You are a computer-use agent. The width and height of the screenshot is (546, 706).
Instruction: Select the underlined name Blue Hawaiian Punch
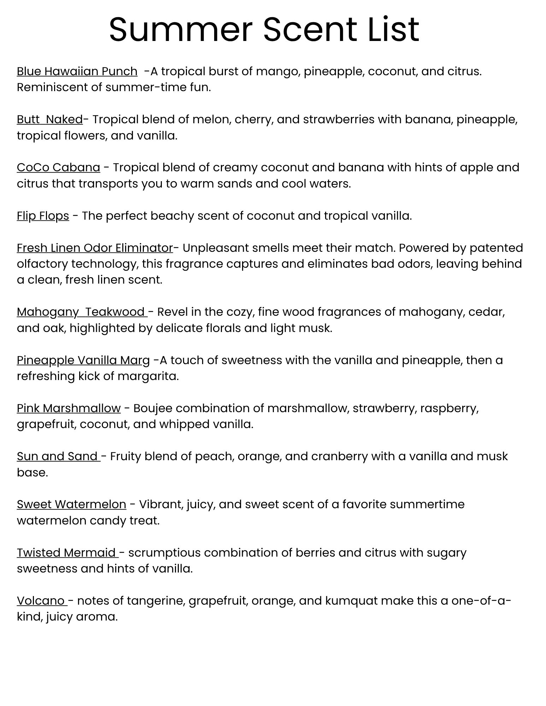77,71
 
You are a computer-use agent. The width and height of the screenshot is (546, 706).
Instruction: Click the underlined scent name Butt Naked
50,119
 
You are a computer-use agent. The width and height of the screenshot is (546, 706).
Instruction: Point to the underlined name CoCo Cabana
58,167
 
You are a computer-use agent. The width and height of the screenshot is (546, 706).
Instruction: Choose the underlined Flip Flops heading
43,216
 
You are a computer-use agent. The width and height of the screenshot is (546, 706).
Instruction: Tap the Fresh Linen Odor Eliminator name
95,248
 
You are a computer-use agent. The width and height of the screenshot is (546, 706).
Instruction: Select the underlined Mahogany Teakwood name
81,312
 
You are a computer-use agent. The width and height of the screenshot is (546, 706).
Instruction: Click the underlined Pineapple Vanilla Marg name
83,360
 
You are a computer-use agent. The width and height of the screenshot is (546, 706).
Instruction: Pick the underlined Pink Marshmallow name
69,408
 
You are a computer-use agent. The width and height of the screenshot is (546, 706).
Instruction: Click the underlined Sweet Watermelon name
71,504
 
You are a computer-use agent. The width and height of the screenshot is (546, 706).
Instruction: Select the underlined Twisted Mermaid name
67,553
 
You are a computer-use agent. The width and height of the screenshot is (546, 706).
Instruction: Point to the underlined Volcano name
41,601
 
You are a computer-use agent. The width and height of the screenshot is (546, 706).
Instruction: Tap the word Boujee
153,409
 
